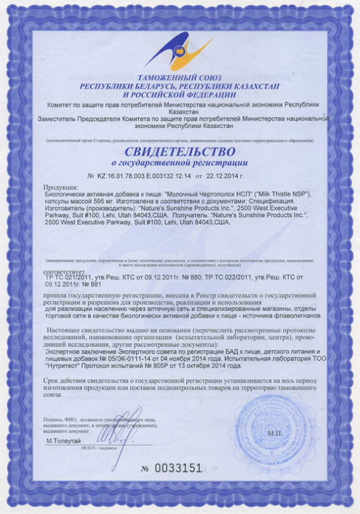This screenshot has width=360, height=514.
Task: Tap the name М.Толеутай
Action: (x=67, y=441)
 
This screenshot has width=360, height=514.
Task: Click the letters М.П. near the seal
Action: (x=273, y=434)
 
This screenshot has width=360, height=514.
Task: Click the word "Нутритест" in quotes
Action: (x=65, y=365)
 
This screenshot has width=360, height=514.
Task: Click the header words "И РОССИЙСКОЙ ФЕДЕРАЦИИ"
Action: (x=179, y=94)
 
